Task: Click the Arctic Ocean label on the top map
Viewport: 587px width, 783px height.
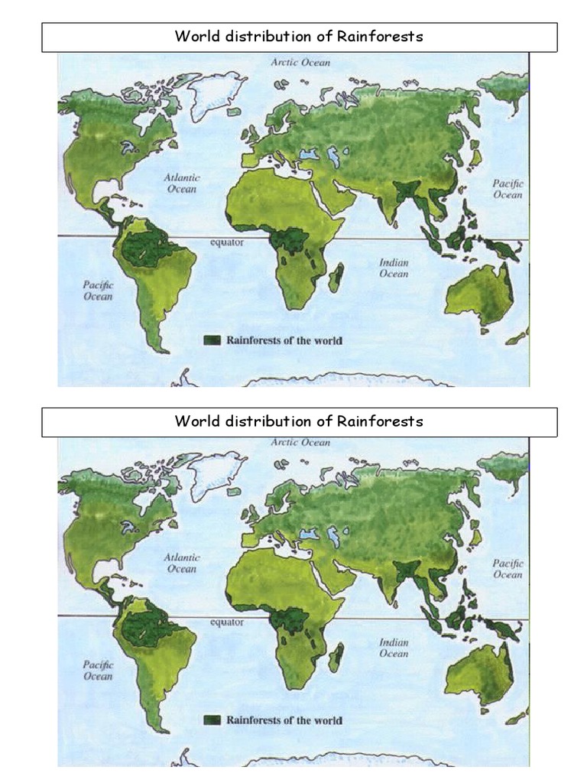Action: [301, 63]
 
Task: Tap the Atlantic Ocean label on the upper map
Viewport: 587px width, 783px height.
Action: [180, 184]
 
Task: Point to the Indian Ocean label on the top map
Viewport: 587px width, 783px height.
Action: [394, 268]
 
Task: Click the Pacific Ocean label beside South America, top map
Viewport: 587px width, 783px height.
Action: [98, 291]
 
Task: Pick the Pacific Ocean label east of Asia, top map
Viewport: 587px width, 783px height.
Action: [508, 189]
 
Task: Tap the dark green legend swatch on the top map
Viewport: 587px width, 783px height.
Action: [212, 340]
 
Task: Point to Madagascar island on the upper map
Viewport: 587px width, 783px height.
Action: [336, 278]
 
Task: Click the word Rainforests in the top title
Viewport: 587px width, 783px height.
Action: [380, 37]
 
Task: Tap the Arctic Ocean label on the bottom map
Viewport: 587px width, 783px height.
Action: [301, 443]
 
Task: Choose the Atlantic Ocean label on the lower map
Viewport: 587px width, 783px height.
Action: [182, 564]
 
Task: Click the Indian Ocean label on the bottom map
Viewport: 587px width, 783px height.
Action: [394, 648]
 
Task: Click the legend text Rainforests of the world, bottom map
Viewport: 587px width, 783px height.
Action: [284, 720]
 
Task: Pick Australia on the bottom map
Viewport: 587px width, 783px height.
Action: [478, 674]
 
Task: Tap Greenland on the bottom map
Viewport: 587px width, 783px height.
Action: [216, 473]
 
